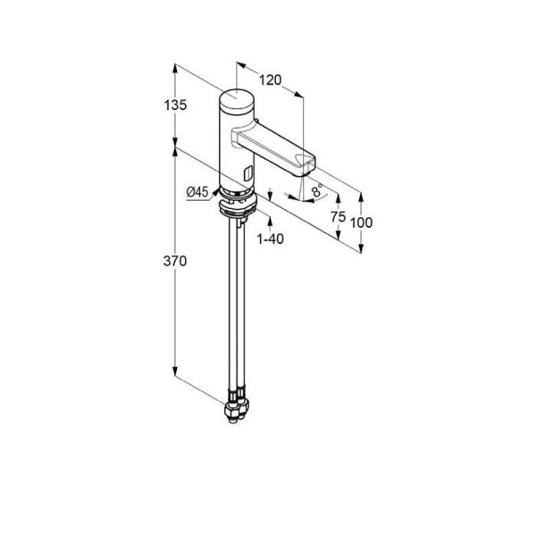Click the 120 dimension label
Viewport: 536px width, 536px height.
click(270, 80)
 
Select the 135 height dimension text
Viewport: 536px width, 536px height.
click(175, 105)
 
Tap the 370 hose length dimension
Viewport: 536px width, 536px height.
click(175, 261)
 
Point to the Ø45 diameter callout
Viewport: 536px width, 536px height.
click(197, 192)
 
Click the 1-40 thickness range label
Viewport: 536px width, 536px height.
click(271, 239)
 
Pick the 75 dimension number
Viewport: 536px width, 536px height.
click(338, 217)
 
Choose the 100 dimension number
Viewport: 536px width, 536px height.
click(361, 222)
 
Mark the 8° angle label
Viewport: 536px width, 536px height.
click(317, 190)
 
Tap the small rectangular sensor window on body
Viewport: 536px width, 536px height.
click(248, 172)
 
